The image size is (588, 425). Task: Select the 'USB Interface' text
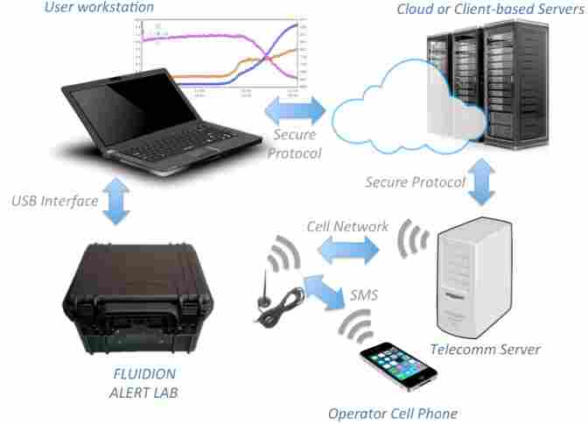55,201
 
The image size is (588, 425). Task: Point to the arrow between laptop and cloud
294,110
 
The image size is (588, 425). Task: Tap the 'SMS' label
363,294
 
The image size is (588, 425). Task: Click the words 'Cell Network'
347,226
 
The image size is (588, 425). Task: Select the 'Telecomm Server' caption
485,350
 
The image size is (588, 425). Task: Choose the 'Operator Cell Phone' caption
392,413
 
